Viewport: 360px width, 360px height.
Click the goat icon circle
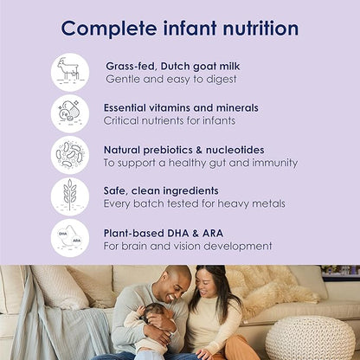click(x=69, y=72)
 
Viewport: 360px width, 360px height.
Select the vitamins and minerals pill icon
click(x=69, y=113)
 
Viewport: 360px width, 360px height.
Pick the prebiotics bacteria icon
click(x=69, y=155)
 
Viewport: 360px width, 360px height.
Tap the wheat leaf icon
click(x=69, y=196)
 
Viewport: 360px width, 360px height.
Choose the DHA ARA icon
click(x=69, y=237)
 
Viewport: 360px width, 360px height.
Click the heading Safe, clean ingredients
click(x=161, y=190)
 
